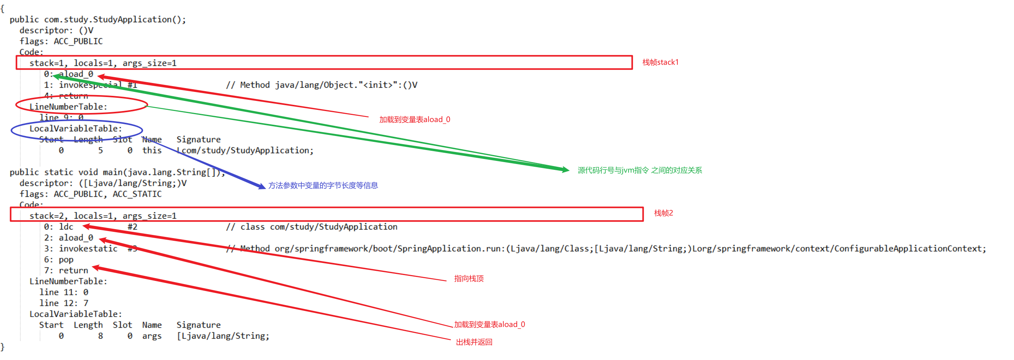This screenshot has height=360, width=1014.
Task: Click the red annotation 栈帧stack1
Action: (660, 62)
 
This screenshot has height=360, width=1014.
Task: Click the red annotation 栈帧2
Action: (663, 213)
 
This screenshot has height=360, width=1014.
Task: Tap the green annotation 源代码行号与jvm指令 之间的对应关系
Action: (639, 170)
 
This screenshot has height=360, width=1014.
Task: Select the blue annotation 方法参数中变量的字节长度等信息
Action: (323, 185)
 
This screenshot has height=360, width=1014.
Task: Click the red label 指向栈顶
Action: (468, 279)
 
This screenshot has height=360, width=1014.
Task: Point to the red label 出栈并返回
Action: (474, 342)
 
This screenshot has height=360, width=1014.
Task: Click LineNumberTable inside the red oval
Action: (68, 107)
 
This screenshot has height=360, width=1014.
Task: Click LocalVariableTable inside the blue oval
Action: (76, 129)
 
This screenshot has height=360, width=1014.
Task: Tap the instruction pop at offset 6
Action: (66, 259)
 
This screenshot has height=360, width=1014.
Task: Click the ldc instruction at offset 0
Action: (66, 227)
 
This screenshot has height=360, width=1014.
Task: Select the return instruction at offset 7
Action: (73, 271)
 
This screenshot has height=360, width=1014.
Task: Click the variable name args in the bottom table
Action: (152, 336)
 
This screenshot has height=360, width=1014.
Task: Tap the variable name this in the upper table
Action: (152, 150)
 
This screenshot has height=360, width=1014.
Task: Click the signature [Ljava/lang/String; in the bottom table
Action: (223, 336)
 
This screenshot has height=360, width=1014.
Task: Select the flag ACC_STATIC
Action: (137, 194)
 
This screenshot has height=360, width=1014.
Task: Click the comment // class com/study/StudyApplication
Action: (311, 227)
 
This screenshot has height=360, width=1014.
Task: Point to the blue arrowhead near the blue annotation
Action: (262, 186)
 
